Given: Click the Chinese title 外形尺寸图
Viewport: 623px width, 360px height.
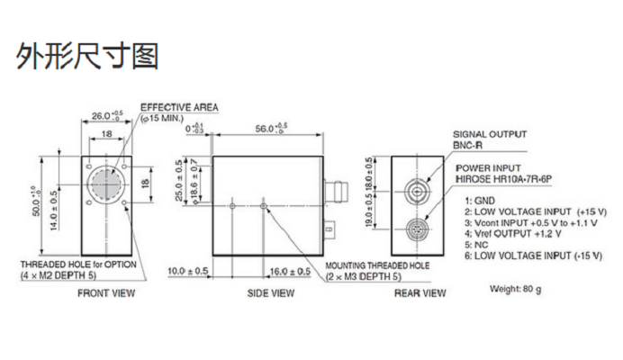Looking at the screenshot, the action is [x=87, y=56].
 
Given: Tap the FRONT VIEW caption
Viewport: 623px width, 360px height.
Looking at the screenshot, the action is [x=106, y=293].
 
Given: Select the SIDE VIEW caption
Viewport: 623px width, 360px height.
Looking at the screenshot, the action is [x=271, y=293].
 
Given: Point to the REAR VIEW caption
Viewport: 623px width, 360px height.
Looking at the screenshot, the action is [x=420, y=293].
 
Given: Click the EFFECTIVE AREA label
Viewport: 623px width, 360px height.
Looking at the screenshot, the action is [x=179, y=107].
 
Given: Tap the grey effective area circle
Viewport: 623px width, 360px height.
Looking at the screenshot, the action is [x=106, y=184].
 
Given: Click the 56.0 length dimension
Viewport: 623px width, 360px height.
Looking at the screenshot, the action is [x=271, y=128].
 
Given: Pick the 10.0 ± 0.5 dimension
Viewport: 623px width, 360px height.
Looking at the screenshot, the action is [x=187, y=271].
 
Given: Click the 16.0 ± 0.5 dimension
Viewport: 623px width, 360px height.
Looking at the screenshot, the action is [x=290, y=272].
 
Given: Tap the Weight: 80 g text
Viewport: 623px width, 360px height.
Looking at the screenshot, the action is [x=515, y=289].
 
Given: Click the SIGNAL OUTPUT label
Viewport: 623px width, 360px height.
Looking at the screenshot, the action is [x=490, y=134].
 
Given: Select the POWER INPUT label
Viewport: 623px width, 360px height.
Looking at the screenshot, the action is [x=488, y=168].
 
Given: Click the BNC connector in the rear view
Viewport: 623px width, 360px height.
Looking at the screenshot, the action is [x=417, y=192].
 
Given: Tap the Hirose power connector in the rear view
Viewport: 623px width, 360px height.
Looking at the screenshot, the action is [x=417, y=229].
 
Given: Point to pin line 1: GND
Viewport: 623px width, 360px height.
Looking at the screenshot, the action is [x=480, y=201].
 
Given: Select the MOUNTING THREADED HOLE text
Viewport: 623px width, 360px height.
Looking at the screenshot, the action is [x=377, y=265].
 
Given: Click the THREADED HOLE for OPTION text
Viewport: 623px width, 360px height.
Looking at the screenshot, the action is [x=78, y=265].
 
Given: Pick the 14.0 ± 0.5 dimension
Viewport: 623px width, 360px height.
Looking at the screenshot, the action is [x=54, y=211].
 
